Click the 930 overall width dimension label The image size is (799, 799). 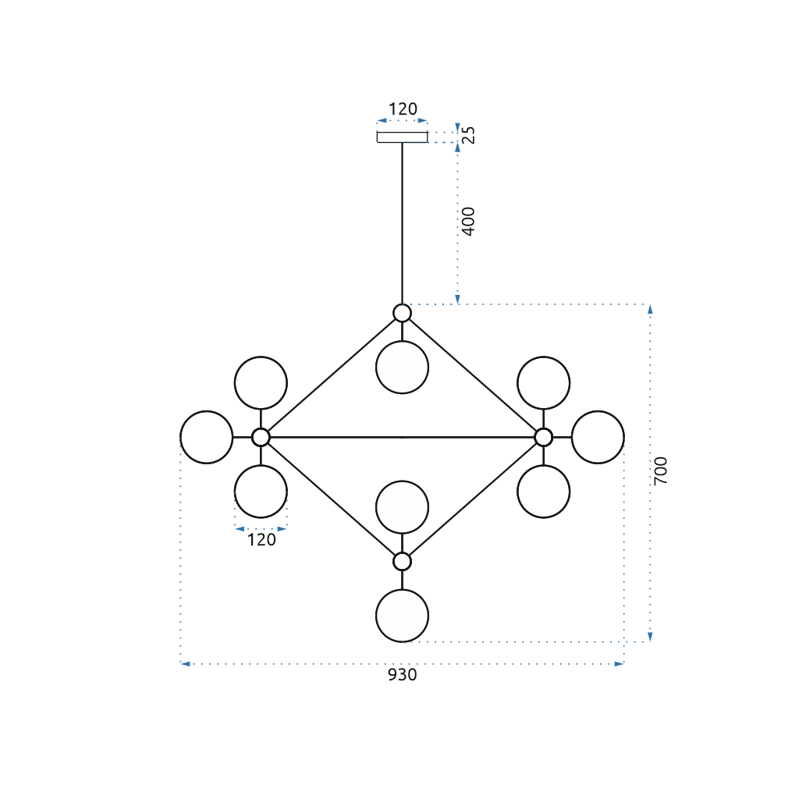click(x=403, y=675)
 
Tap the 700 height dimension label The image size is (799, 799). click(x=661, y=471)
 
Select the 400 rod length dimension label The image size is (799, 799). click(x=468, y=221)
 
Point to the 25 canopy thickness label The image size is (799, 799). click(x=468, y=135)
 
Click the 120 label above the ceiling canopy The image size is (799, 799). click(x=403, y=109)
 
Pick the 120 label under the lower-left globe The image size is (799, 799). click(x=261, y=539)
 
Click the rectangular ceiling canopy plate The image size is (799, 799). click(x=402, y=137)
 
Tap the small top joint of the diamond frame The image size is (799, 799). click(x=402, y=313)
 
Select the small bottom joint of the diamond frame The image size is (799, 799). click(x=402, y=561)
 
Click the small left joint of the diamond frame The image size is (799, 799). click(x=261, y=437)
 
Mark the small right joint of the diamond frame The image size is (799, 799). click(x=543, y=437)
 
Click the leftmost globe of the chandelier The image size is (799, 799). click(x=206, y=437)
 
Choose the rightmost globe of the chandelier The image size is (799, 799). click(x=598, y=437)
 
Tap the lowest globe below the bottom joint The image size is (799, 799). click(x=402, y=616)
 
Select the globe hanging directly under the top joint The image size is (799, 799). click(x=402, y=368)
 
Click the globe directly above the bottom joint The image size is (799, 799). click(x=402, y=507)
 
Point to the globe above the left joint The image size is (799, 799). click(x=261, y=383)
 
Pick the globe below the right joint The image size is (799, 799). click(x=543, y=492)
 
